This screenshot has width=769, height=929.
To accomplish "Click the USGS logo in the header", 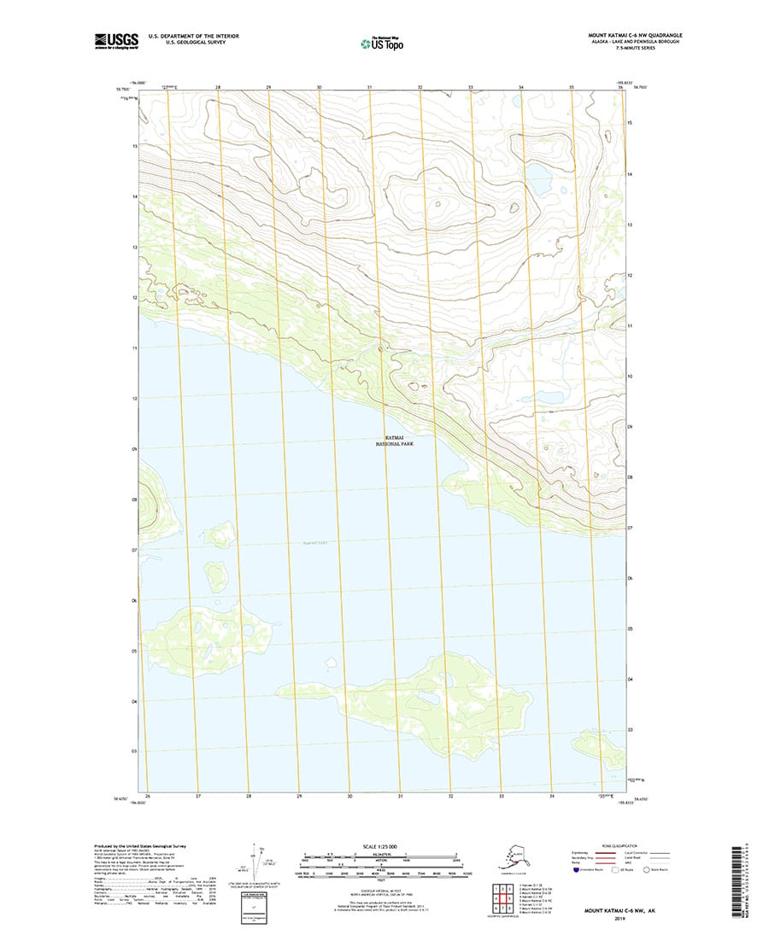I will click(117, 39).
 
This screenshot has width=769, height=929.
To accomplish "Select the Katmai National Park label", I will click(393, 441).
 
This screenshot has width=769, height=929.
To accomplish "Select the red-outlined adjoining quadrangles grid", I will click(500, 897).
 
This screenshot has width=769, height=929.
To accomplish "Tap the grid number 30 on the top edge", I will click(319, 88).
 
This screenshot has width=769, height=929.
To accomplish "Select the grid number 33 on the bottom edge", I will click(502, 796).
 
